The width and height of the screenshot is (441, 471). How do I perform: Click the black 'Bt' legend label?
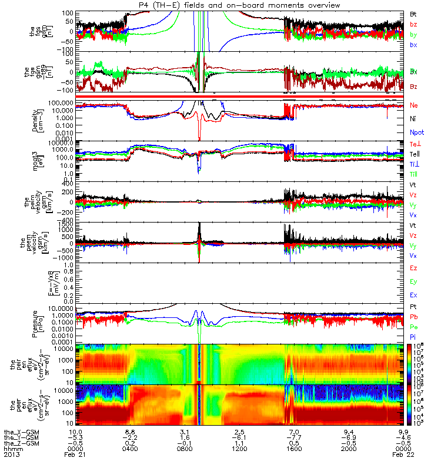pos(413,14)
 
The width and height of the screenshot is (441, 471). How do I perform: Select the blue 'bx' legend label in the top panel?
pos(413,45)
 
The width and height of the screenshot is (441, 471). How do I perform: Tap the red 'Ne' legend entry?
pos(413,105)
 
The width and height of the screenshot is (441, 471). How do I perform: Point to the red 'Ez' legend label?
pos(413,268)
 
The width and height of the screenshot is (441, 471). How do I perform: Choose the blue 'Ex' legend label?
pos(413,295)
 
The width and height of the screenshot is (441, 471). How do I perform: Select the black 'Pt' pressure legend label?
pos(413,307)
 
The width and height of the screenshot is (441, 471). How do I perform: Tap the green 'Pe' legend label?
pos(413,327)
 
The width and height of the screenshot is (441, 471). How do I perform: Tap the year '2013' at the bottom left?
pos(12,455)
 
